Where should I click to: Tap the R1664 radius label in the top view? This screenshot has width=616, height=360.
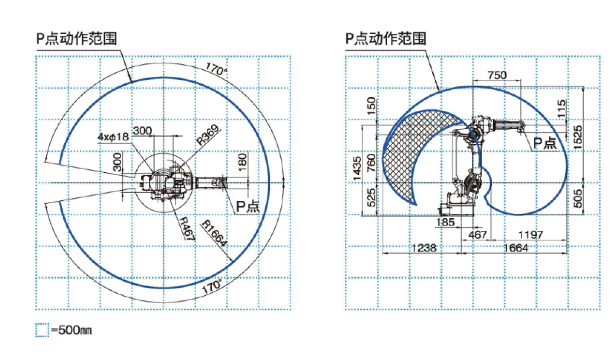215,233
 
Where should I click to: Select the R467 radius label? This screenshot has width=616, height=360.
186,225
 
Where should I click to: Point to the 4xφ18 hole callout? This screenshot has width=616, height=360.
113,136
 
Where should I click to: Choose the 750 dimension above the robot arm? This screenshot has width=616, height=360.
497,75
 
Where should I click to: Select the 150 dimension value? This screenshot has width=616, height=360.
370,107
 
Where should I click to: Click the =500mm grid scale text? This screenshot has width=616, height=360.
71,330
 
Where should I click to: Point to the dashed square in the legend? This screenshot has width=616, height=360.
42,330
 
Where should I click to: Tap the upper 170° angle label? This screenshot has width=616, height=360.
215,70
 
